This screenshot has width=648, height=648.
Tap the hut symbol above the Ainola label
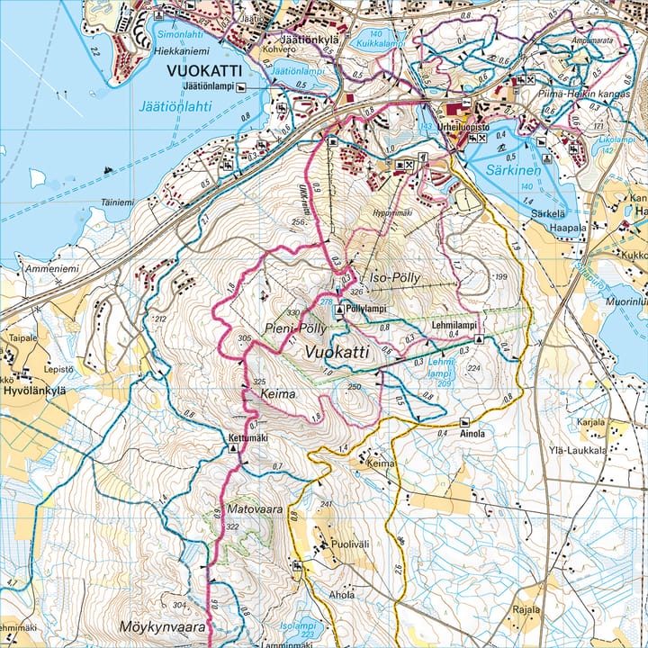point(464,422)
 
